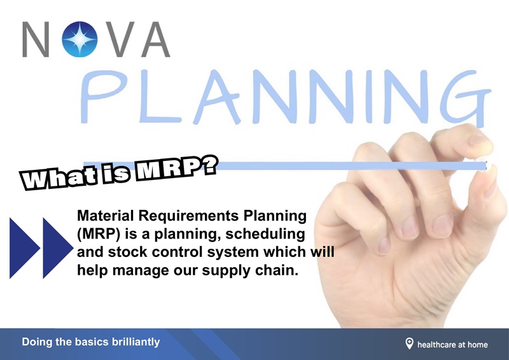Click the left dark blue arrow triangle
pyautogui.click(x=23, y=247)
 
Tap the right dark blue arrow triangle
pyautogui.click(x=57, y=247)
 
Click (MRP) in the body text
pyautogui.click(x=96, y=233)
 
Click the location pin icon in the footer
pyautogui.click(x=409, y=343)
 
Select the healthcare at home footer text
pyautogui.click(x=452, y=344)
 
